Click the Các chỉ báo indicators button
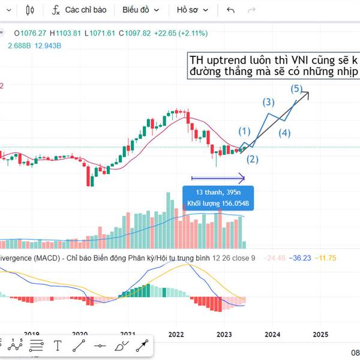click(x=79, y=10)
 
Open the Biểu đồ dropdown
click(x=140, y=10)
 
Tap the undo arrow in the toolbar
click(x=231, y=10)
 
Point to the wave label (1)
click(x=244, y=131)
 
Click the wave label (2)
click(x=253, y=159)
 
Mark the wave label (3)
click(x=268, y=102)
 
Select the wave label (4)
click(x=284, y=133)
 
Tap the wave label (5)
click(x=296, y=89)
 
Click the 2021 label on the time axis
click(x=127, y=334)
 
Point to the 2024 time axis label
click(x=272, y=334)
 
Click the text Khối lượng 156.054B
click(x=218, y=204)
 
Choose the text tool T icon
click(x=58, y=345)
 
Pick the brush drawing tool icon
click(x=121, y=345)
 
